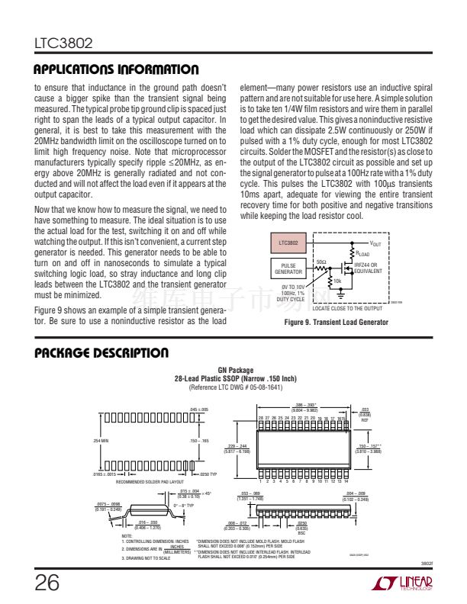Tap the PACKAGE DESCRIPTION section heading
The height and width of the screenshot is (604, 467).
101,353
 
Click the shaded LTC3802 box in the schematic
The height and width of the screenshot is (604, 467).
288,243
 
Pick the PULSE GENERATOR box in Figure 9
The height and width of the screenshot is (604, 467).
288,268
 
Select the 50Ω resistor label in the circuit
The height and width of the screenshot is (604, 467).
321,262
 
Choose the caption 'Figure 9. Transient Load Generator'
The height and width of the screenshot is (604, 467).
336,323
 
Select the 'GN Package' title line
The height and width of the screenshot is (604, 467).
236,370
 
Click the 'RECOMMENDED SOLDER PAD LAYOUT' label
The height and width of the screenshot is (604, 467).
150,482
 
